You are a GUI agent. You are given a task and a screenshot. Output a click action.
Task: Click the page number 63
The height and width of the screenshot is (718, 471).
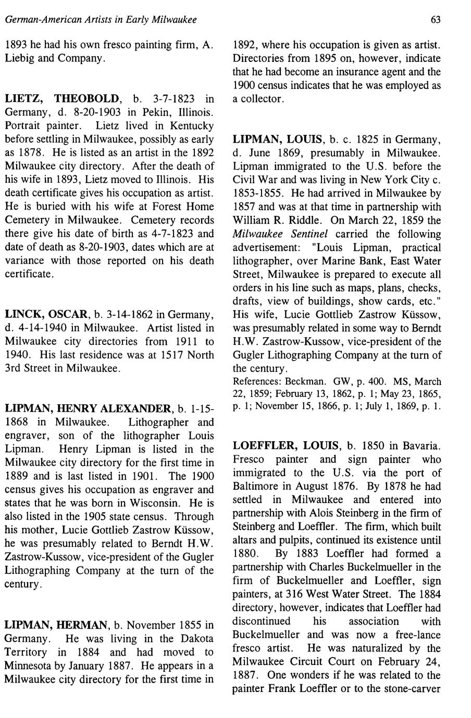pyautogui.click(x=436, y=20)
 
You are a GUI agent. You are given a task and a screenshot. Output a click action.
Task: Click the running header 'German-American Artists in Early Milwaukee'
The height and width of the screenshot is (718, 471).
pyautogui.click(x=101, y=20)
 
